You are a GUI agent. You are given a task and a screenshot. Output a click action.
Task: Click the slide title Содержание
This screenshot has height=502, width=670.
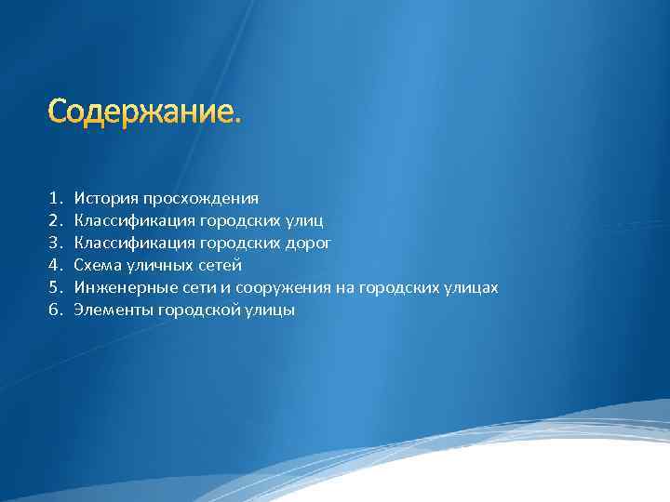pos(144,112)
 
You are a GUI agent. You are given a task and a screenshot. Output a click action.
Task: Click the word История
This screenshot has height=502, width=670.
pos(106,198)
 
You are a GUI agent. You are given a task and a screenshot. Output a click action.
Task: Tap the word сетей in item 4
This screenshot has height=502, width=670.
pos(221,265)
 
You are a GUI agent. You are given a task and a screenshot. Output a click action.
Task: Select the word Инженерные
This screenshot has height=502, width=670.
pos(120,288)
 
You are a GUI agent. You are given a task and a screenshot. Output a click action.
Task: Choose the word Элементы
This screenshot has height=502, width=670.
pos(111,310)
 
